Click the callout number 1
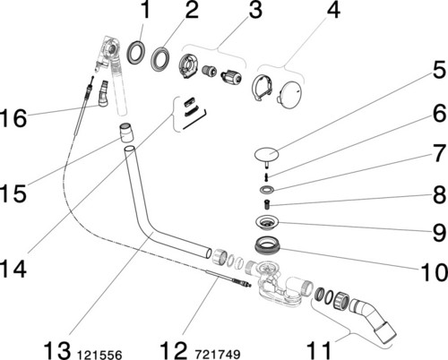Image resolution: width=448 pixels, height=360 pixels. [x=145, y=10]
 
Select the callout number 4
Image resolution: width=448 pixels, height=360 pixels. [x=333, y=11]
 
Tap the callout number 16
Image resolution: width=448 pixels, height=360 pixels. [x=13, y=118]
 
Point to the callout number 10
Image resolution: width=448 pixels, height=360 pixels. [x=434, y=272]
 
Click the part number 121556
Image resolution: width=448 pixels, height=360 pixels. [x=99, y=355]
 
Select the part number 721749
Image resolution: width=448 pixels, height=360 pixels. [x=218, y=355]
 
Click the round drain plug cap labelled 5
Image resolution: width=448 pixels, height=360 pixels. [x=266, y=155]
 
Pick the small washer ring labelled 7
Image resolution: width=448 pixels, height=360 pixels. [x=267, y=189]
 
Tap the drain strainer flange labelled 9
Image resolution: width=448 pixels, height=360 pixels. [x=267, y=222]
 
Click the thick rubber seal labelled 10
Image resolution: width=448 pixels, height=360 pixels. [x=267, y=244]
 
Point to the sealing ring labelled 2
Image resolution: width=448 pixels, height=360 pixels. [x=160, y=59]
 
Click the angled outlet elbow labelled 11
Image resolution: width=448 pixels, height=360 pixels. [x=374, y=316]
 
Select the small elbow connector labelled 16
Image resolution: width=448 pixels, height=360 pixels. [x=103, y=93]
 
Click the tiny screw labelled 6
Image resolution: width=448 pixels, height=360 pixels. [x=266, y=177]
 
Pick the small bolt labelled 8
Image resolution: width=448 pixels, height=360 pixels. [x=267, y=204]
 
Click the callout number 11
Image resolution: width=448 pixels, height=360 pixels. [x=320, y=350]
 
